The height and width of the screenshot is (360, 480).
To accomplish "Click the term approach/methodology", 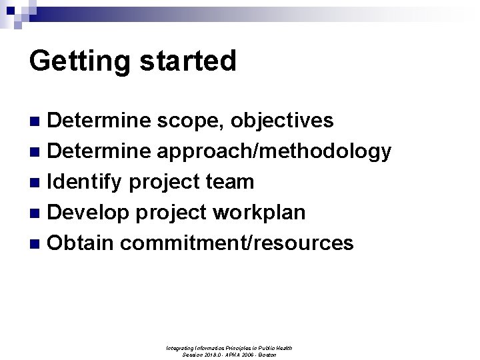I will pos(274,151).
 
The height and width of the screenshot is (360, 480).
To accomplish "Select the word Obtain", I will pos(81,243).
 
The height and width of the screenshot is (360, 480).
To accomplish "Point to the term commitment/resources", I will pos(237,243).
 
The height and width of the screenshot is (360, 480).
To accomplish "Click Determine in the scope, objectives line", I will pos(100,121).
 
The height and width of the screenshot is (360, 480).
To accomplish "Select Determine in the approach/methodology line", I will pos(100,151).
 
